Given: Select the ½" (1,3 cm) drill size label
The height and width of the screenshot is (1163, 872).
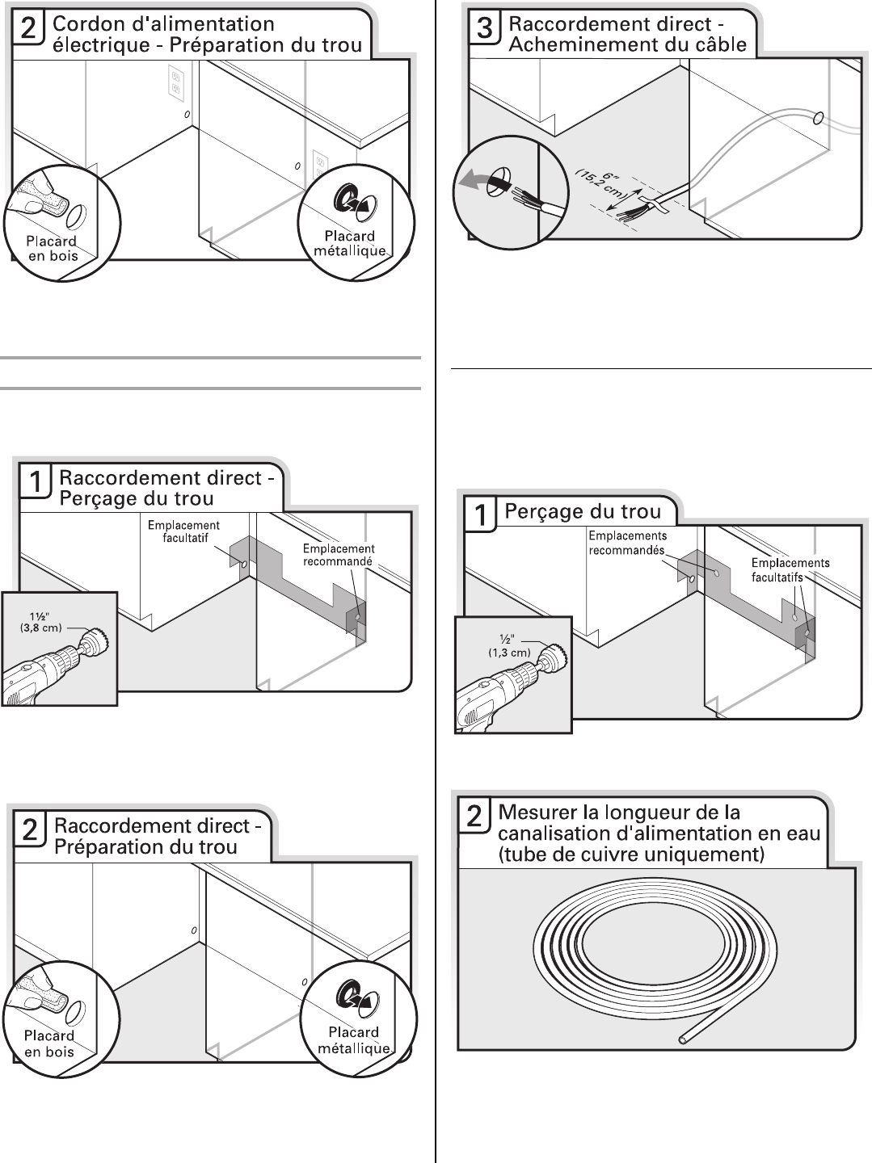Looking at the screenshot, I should click(x=509, y=646).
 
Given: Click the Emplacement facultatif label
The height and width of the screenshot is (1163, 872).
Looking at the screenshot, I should click(x=184, y=531).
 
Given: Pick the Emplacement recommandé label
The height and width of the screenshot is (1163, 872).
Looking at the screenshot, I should click(x=338, y=555).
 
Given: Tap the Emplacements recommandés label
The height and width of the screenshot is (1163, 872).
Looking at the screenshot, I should click(x=627, y=543).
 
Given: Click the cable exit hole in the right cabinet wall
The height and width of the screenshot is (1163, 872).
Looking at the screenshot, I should click(x=818, y=120).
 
